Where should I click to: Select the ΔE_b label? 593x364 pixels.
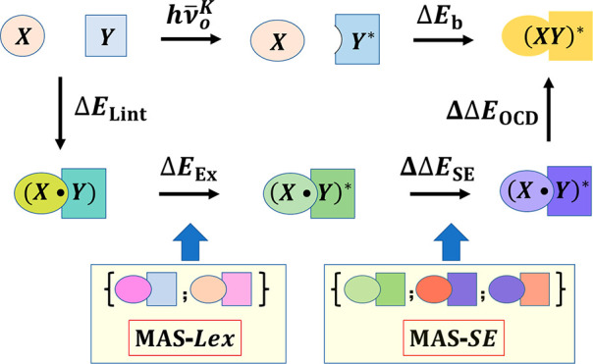tap(437, 19)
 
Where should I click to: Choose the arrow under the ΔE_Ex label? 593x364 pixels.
tap(188, 193)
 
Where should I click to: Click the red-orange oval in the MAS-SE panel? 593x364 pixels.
tap(433, 291)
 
